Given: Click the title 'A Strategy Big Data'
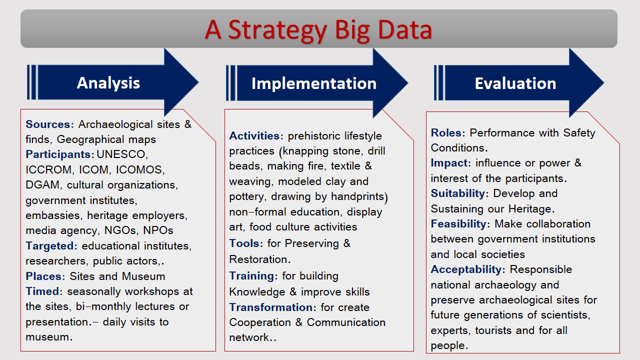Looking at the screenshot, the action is (x=318, y=30).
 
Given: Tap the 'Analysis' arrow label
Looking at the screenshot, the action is (x=108, y=83).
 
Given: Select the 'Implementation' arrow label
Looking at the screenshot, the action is (x=314, y=83).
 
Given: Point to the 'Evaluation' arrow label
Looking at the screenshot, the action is (x=515, y=83).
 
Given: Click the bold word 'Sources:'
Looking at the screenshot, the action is (x=49, y=124).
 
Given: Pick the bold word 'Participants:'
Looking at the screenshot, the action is (x=59, y=154).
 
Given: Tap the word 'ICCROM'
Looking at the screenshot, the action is (x=48, y=169).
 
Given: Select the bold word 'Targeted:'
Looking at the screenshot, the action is (x=51, y=245).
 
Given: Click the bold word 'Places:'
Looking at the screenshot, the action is (x=45, y=276).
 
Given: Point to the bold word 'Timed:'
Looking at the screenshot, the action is (x=44, y=291).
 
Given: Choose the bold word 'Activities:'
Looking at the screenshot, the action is (x=256, y=135).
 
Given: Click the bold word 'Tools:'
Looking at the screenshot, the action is (x=246, y=243).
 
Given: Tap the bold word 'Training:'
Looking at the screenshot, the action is (x=253, y=276).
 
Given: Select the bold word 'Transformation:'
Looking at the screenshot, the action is (x=272, y=307).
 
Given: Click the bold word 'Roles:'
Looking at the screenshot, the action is (x=448, y=133).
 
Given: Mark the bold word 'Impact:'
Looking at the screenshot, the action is (x=451, y=163).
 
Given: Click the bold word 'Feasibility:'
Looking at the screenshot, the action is (x=460, y=223).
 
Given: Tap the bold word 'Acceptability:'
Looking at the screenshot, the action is (x=468, y=269).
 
